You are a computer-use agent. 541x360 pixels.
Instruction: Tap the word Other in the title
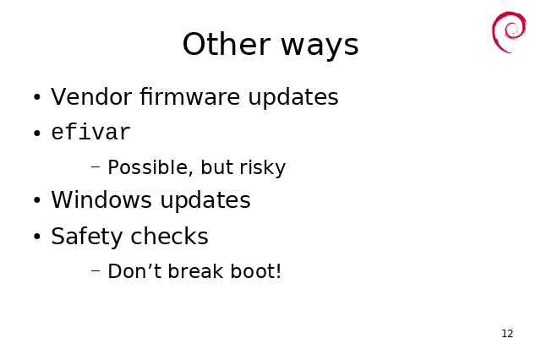click(226, 44)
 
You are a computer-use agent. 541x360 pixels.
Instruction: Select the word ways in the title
click(320, 47)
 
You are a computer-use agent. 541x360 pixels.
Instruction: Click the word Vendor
click(91, 96)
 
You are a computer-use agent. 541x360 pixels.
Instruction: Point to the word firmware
click(189, 96)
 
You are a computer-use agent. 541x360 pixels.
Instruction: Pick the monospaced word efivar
click(91, 132)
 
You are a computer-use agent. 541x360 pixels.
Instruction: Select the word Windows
click(101, 199)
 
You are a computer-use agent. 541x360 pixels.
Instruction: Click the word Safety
click(86, 237)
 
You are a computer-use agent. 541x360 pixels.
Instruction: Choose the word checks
click(169, 236)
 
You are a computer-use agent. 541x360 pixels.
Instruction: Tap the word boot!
click(255, 271)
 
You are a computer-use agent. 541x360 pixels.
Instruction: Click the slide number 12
click(507, 334)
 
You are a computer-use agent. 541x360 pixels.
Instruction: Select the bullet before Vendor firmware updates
click(37, 97)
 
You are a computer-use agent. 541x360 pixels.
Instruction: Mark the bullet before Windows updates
click(37, 200)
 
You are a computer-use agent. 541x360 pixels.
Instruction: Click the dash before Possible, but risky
click(96, 166)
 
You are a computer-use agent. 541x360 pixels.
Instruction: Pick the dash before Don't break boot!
click(96, 270)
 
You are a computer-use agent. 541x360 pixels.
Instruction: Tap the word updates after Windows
click(205, 200)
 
